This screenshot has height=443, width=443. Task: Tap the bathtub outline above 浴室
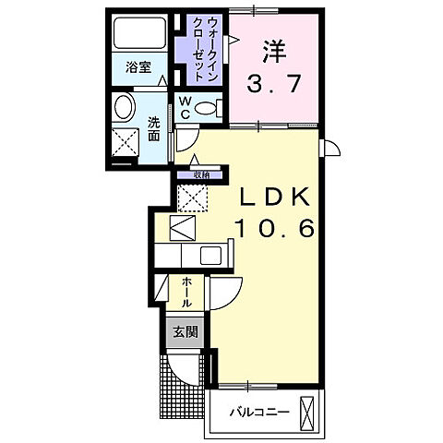[x=138, y=36]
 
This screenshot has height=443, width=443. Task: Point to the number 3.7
[x=271, y=85]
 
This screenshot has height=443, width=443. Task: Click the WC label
[x=184, y=107]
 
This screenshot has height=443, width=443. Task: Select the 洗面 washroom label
[x=153, y=127]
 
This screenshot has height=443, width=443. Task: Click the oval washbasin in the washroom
[x=122, y=108]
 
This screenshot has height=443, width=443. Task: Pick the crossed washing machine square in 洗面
[x=124, y=142]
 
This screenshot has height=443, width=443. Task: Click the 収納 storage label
[x=202, y=174]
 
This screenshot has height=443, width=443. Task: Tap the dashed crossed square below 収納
[x=191, y=197]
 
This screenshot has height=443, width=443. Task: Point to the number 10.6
[x=273, y=227]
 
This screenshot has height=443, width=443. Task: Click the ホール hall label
[x=186, y=292]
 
